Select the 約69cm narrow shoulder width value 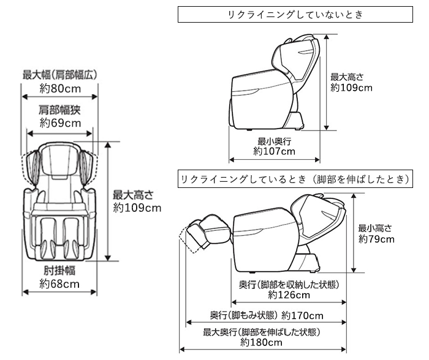60,123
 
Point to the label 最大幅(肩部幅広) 60,75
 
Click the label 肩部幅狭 60,110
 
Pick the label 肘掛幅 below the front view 60,271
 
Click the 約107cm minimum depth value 275,151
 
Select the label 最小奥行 275,140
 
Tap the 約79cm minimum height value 376,239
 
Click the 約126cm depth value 289,295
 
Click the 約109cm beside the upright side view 351,88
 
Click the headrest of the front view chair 60,153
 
